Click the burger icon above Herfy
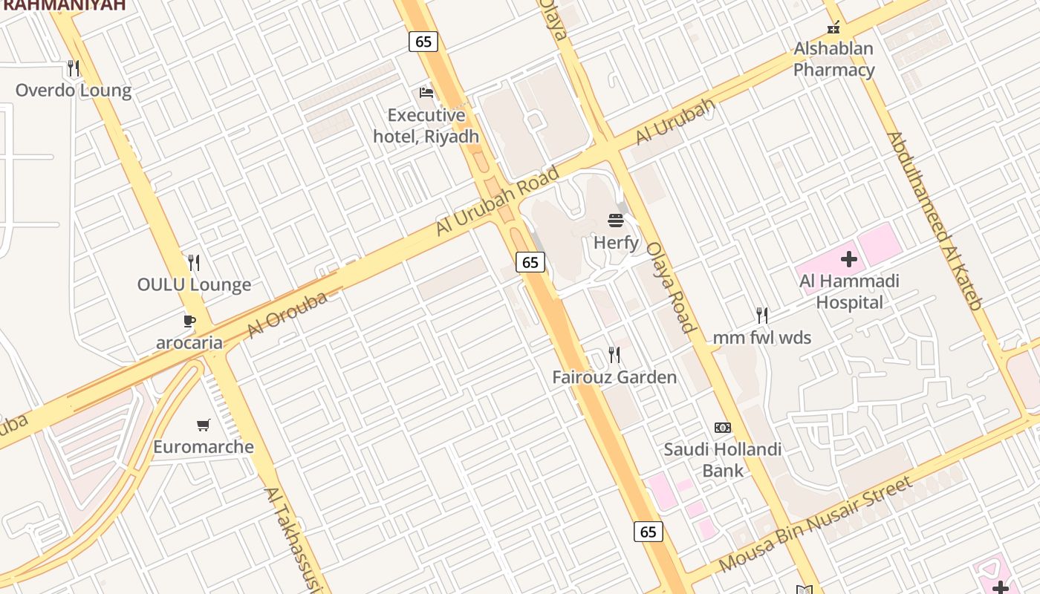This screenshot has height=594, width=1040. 616,220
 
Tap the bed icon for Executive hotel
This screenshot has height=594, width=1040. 426,92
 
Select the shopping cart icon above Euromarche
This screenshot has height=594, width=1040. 204,425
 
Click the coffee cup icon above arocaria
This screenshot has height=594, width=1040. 189,321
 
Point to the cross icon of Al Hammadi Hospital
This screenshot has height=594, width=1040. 849,259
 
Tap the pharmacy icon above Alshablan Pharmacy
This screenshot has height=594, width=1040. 833,27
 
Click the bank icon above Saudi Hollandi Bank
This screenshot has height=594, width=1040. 722,428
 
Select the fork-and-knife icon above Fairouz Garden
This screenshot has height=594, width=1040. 614,355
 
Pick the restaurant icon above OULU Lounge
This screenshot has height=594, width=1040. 194,263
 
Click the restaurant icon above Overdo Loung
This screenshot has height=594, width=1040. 73,68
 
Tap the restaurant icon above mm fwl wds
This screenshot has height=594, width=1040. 761,316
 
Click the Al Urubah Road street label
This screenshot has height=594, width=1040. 497,201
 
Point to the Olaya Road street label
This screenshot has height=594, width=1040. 671,287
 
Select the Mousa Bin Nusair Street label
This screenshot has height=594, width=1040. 815,525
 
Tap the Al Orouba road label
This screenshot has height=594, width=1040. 287,315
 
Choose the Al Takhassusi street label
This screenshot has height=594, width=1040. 293,538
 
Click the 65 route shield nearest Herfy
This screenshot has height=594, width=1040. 530,262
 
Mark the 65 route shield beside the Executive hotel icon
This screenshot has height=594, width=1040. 423,42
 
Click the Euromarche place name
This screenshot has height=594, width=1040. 204,447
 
